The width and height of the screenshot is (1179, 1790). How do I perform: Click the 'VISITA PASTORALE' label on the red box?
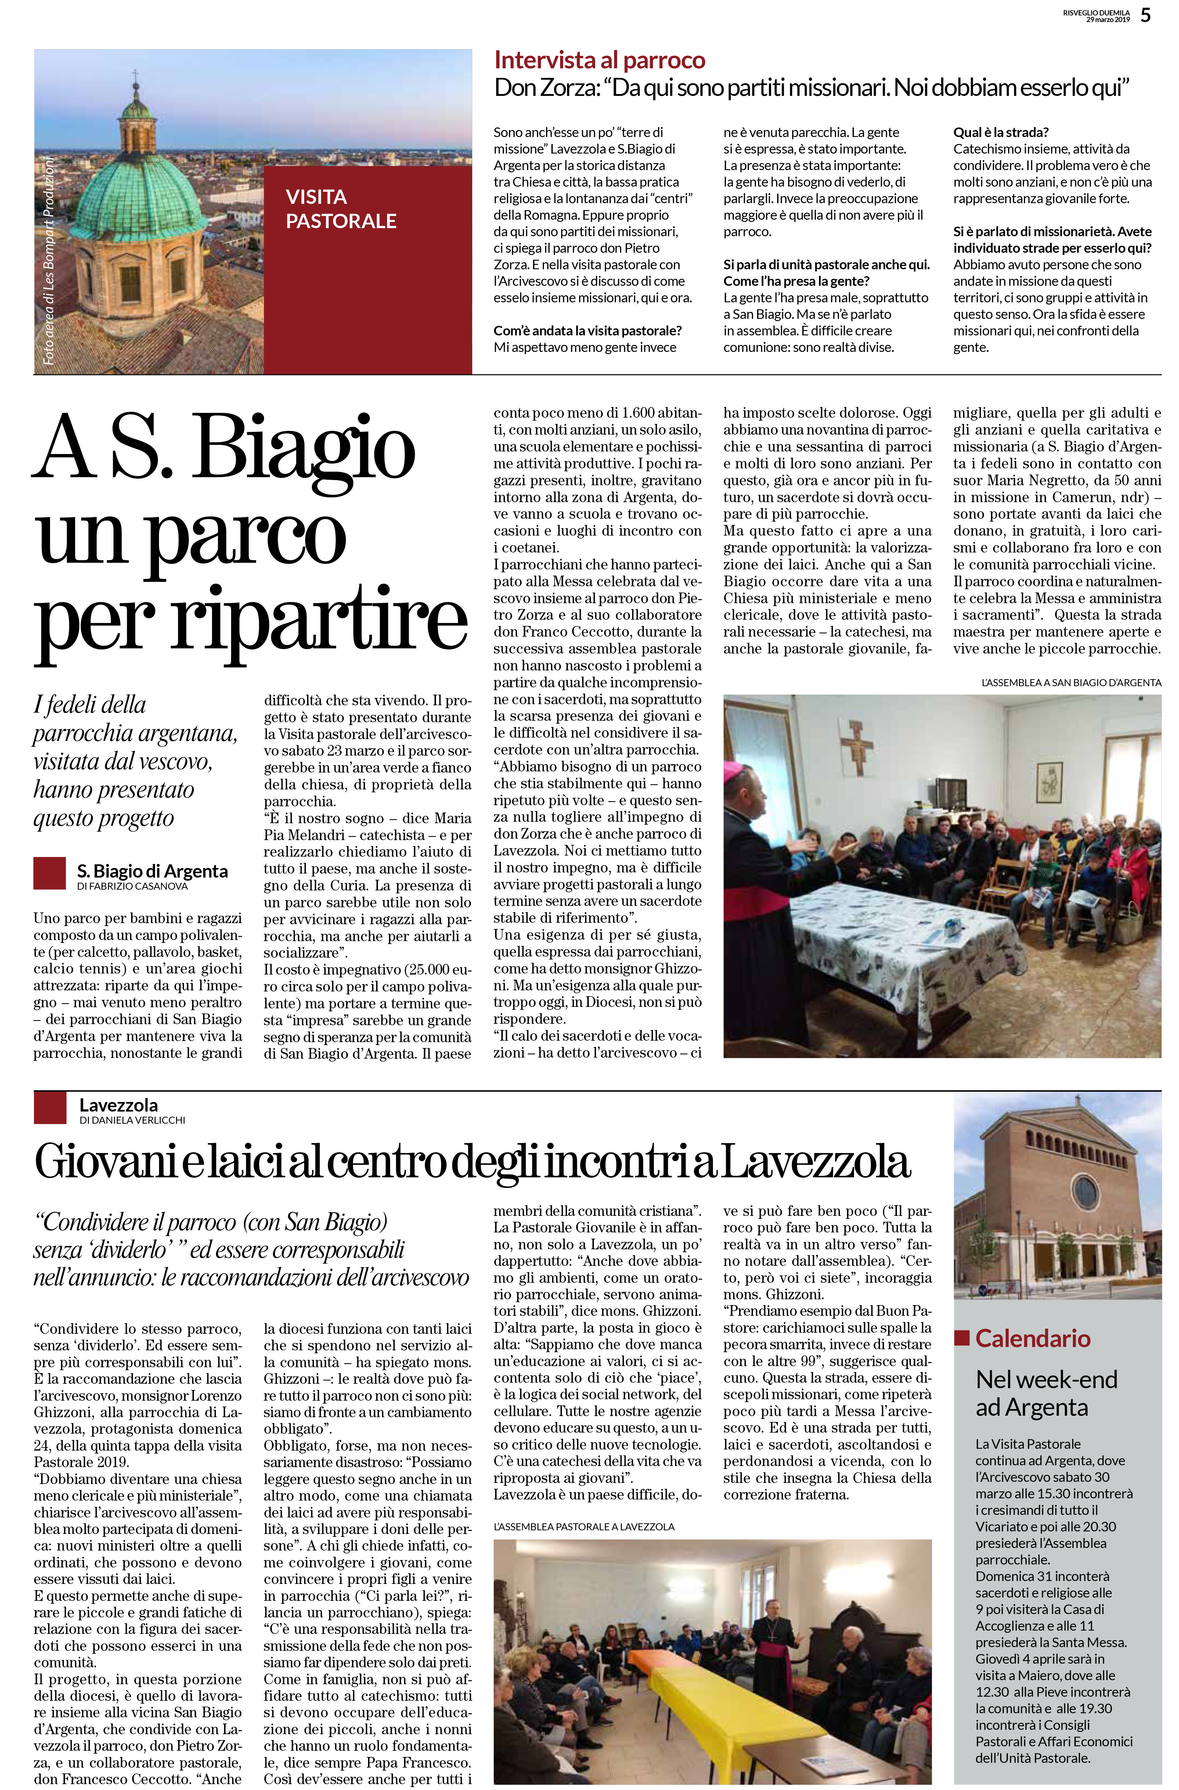tap(340, 209)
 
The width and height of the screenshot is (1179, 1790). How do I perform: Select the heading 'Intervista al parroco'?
tap(599, 60)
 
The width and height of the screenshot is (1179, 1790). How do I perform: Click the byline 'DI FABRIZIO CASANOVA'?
tap(132, 886)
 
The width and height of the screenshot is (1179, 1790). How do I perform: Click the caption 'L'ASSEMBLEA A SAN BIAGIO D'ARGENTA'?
tap(1071, 683)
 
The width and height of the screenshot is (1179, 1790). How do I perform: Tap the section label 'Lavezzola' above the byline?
tap(119, 1105)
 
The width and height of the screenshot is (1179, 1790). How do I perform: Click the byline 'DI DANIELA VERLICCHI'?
tap(132, 1120)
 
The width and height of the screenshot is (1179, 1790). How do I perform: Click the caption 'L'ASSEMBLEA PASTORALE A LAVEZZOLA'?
tap(584, 1527)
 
